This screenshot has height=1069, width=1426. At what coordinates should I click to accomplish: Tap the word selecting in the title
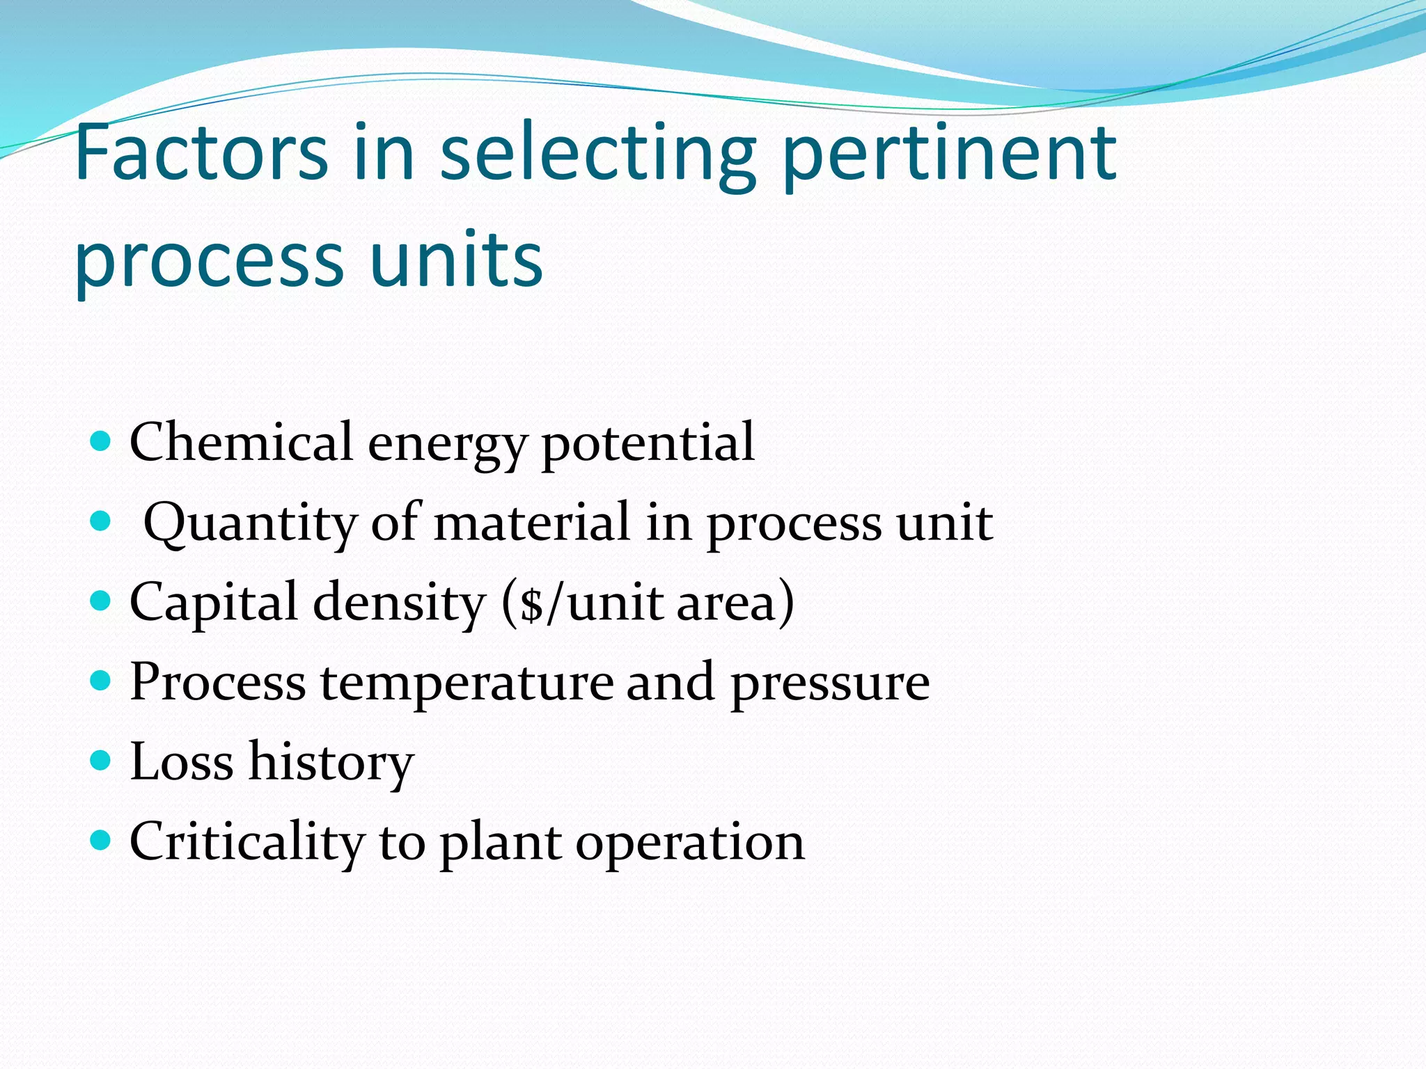[598, 155]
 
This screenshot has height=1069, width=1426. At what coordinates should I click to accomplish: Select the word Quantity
[249, 523]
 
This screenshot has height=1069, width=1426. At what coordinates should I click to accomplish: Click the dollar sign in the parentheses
[532, 603]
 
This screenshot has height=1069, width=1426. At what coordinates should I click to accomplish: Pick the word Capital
[213, 603]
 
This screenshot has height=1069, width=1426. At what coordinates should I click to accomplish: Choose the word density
[399, 603]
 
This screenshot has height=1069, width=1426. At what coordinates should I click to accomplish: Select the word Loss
[181, 761]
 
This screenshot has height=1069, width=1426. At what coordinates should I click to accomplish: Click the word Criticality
[246, 842]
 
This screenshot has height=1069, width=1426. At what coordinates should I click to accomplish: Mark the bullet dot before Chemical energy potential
[101, 441]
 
